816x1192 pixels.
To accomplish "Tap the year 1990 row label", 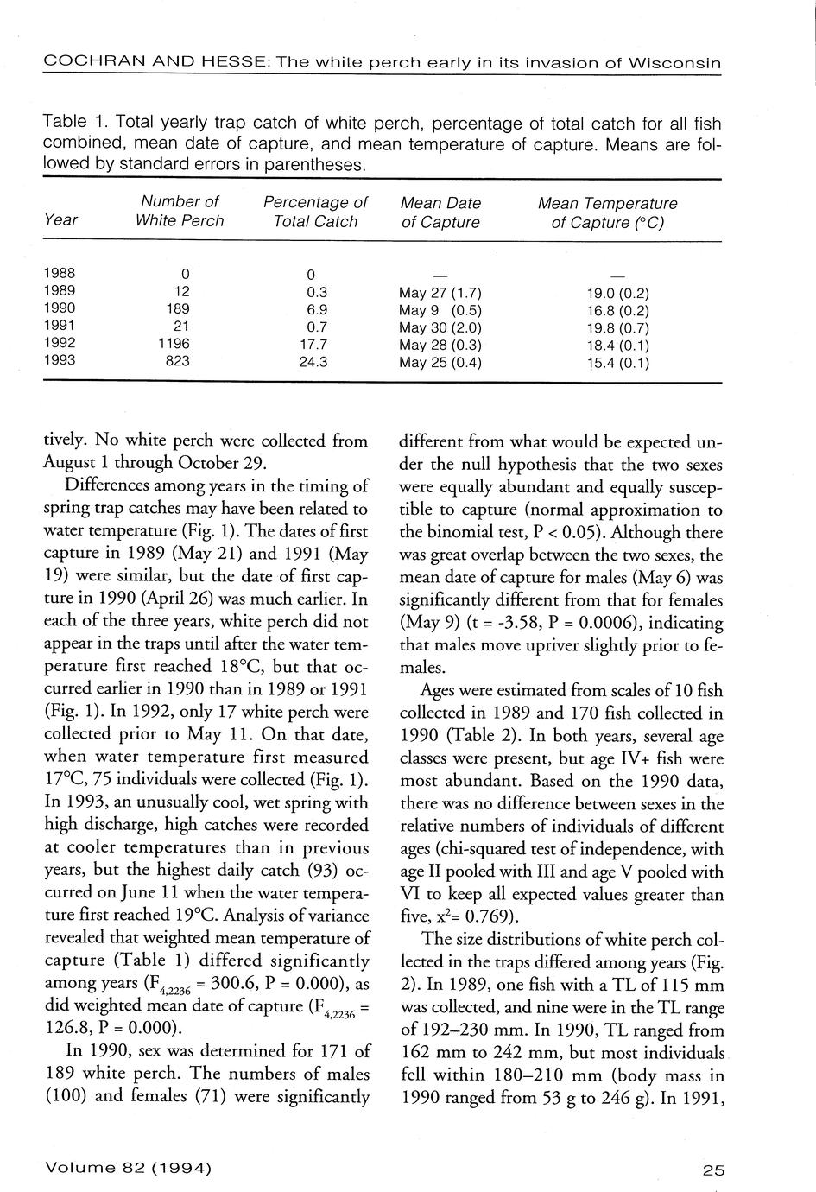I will click(60, 308).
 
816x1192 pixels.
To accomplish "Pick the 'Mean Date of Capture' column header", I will click(440, 212).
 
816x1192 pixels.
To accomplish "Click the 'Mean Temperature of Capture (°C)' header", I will click(607, 212).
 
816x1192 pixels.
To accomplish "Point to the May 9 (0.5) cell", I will click(440, 309).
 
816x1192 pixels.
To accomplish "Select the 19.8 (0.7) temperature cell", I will click(617, 327).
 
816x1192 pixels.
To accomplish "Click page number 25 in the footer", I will click(713, 1170).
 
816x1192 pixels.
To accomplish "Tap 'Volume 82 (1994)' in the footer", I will click(128, 1169).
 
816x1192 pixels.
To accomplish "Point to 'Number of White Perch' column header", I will click(180, 212).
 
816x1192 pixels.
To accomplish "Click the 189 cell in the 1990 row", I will click(180, 308).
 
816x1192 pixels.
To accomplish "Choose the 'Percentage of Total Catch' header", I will click(315, 212).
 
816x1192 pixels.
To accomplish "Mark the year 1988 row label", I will click(60, 273).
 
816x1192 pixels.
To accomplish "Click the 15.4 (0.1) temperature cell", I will click(617, 363).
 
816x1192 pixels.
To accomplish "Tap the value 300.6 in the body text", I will click(246, 983).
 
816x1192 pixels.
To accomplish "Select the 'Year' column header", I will click(60, 220).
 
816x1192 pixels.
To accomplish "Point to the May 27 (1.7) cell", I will click(440, 292).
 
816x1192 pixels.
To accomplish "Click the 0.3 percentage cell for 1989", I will click(317, 292).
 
